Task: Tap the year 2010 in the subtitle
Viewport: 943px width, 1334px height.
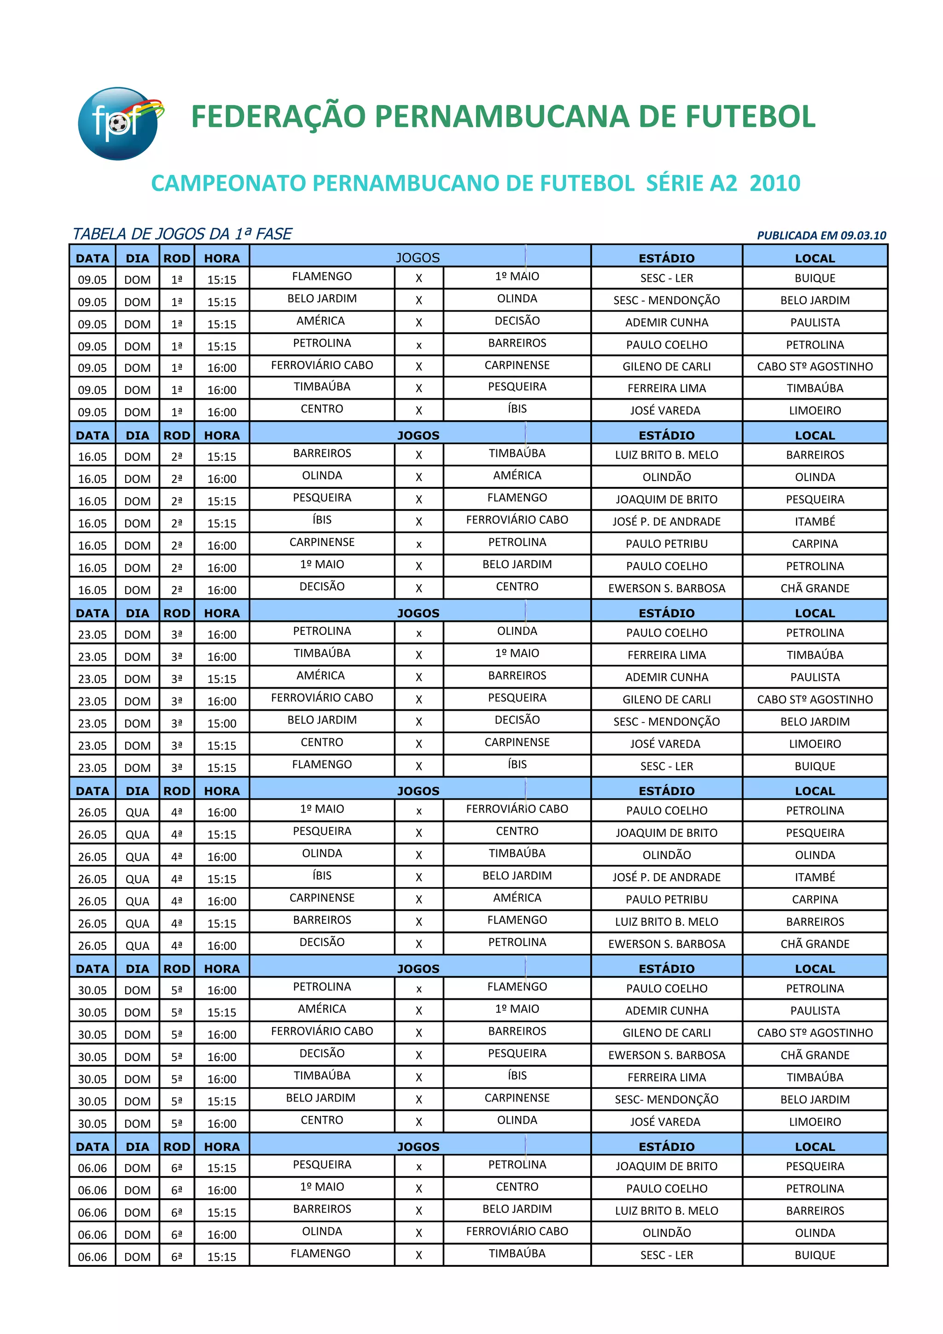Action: (x=774, y=184)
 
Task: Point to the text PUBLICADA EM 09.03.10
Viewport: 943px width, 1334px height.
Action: (x=821, y=235)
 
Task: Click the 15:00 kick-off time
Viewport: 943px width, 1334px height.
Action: (x=222, y=723)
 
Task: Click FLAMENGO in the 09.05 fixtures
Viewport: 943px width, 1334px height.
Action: (x=322, y=277)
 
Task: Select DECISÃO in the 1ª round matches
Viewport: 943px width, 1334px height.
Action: (x=517, y=321)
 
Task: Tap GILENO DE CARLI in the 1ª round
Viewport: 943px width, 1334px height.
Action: (x=666, y=366)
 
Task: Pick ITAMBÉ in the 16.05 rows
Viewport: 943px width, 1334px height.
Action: (x=815, y=522)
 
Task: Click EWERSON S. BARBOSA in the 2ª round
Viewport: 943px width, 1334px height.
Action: (x=666, y=589)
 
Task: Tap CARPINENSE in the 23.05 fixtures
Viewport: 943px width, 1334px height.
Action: (x=517, y=742)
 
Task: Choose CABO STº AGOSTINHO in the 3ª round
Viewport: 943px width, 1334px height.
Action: (x=815, y=700)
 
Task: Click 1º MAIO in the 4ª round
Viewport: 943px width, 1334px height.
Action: (x=322, y=809)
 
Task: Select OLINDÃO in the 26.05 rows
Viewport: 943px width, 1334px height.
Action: (x=666, y=855)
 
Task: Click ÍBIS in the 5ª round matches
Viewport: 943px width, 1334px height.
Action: (x=517, y=1075)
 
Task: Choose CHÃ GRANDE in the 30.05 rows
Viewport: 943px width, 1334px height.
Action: (x=815, y=1055)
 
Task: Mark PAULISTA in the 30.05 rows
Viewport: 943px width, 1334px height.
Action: (x=815, y=1011)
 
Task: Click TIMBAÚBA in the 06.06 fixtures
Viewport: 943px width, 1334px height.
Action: (x=517, y=1253)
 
